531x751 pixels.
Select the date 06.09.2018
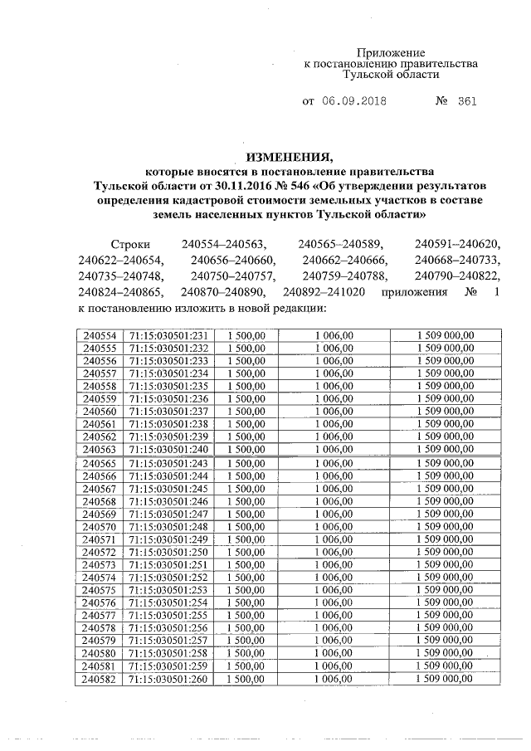[x=354, y=102]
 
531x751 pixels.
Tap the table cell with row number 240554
[x=100, y=334]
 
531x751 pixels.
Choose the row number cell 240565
[x=100, y=463]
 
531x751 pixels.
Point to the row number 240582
[x=100, y=680]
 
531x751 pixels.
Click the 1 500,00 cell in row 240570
[x=245, y=526]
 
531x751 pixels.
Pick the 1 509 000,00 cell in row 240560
[x=446, y=411]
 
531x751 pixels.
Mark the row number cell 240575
[x=100, y=590]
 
